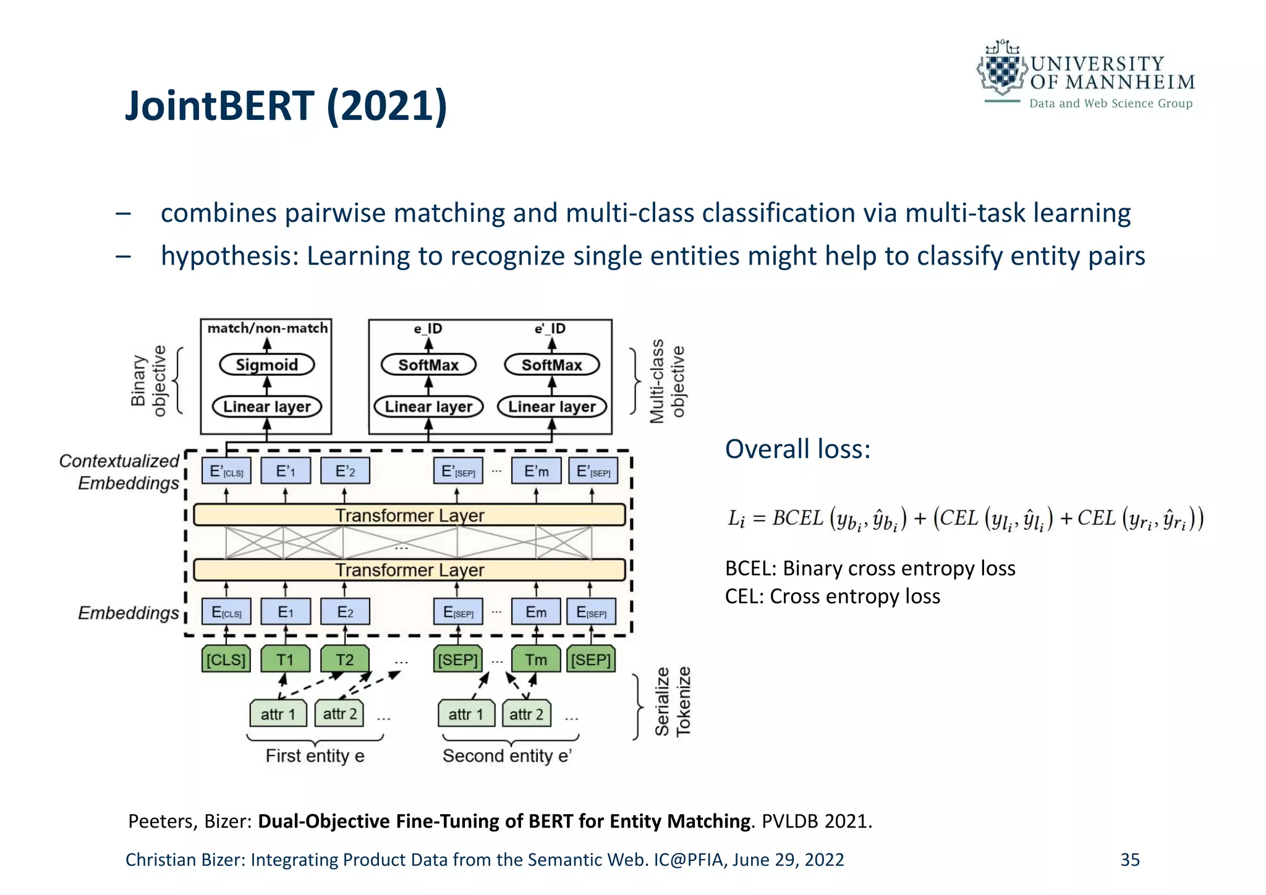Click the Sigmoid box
point(266,365)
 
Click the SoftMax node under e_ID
point(428,365)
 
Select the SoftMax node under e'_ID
point(551,365)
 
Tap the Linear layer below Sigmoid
point(266,407)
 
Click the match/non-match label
point(267,328)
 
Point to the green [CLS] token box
point(226,660)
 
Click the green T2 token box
point(344,660)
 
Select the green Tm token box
point(535,660)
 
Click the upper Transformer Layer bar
point(409,515)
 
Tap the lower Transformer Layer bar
point(409,569)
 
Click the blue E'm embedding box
point(535,471)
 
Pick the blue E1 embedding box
point(285,612)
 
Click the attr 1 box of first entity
point(278,714)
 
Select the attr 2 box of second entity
point(526,714)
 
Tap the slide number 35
point(1129,860)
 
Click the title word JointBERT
point(219,106)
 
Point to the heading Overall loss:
point(797,449)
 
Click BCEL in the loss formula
point(797,518)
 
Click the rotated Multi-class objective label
point(667,381)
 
